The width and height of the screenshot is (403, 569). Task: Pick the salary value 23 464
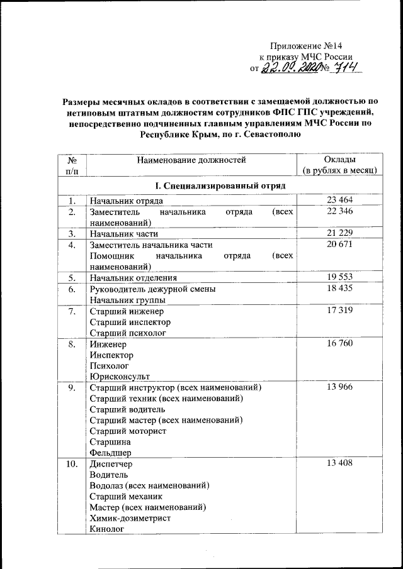click(x=339, y=201)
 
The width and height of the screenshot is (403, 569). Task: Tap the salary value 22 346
click(x=339, y=212)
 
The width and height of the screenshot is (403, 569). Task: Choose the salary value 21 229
click(x=339, y=234)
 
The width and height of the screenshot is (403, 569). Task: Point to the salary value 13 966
click(x=339, y=387)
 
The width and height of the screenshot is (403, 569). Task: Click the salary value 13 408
click(x=339, y=463)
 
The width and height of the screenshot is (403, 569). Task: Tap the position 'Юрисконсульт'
click(x=120, y=376)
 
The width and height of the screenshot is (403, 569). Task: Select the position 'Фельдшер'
click(x=111, y=451)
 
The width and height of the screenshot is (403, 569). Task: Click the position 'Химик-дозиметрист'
click(x=130, y=518)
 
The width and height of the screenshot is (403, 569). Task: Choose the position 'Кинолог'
click(x=107, y=529)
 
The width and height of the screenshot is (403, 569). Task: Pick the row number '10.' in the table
click(x=73, y=464)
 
